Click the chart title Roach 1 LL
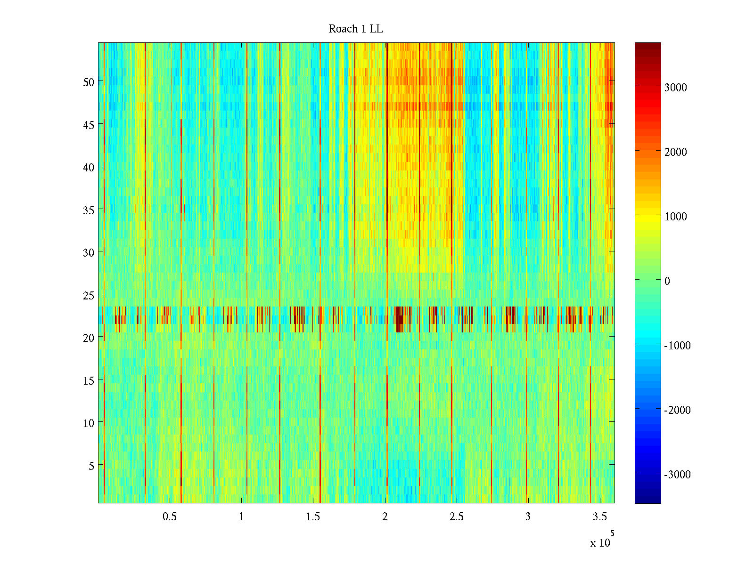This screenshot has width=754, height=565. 355,29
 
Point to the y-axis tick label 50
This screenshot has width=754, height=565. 89,82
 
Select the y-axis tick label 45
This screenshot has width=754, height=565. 89,125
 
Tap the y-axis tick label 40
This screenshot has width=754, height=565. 89,167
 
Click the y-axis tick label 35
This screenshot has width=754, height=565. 89,210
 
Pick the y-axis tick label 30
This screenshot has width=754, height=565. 89,252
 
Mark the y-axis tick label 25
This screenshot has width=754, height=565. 89,295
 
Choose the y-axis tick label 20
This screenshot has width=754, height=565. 89,338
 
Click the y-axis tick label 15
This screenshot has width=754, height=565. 89,380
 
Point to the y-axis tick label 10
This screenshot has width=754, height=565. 89,423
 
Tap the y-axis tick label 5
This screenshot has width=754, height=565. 91,466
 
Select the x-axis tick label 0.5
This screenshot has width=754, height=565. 170,517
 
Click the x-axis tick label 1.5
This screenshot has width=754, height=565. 313,517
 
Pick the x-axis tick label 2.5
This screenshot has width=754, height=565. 457,517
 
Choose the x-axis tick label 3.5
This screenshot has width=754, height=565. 600,517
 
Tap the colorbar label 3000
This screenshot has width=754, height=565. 675,88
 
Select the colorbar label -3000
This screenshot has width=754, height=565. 677,475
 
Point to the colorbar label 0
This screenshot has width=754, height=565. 667,281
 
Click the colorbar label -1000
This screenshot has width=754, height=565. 677,346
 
